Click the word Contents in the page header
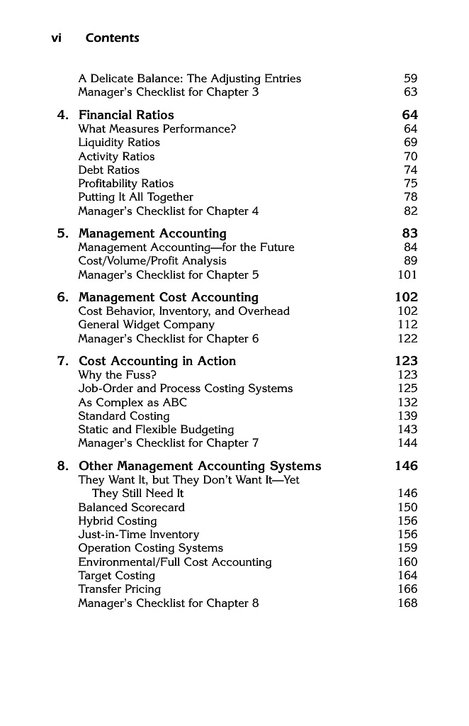coord(112,38)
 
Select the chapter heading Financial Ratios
coord(126,115)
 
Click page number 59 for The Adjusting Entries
coord(411,79)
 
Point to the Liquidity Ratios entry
coord(119,143)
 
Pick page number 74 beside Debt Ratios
coord(411,170)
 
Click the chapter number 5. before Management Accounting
coord(63,234)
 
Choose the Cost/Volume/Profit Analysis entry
coord(152,261)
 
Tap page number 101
coord(407,275)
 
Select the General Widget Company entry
coord(146,325)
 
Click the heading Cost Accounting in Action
coord(157,362)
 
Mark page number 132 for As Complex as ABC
coord(407,402)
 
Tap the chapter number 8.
coord(63,467)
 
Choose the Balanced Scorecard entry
coord(132,508)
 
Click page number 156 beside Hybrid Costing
coord(407,521)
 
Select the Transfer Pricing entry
coord(120,589)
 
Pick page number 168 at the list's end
coord(407,603)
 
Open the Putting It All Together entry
coord(136,197)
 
